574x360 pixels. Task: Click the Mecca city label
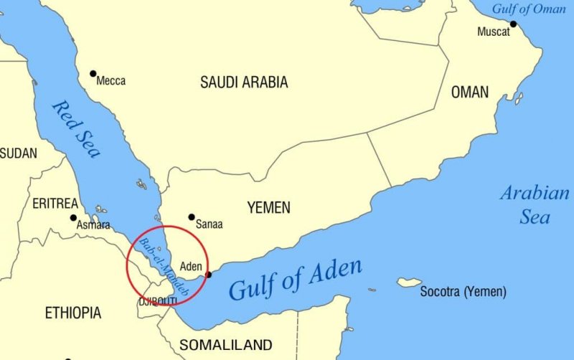tap(110, 81)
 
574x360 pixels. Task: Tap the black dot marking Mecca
tap(93, 73)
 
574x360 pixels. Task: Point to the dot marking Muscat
tap(513, 24)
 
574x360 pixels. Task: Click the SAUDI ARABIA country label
tap(244, 82)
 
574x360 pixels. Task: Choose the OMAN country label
tap(470, 92)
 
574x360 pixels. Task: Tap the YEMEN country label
tap(269, 208)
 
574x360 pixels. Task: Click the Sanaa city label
tap(209, 224)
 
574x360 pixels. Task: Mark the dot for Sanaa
tap(192, 217)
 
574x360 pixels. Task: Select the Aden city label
tap(191, 266)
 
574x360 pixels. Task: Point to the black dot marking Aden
tap(209, 275)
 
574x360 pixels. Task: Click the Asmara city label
tap(93, 225)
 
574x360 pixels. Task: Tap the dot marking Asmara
tap(73, 217)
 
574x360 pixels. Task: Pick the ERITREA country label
tap(55, 204)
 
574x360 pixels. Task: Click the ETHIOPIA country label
tap(73, 313)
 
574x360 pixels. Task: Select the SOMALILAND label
tap(226, 345)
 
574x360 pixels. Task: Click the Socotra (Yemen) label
tap(463, 292)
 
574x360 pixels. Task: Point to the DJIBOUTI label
tap(158, 300)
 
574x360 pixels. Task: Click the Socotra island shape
tap(409, 283)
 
